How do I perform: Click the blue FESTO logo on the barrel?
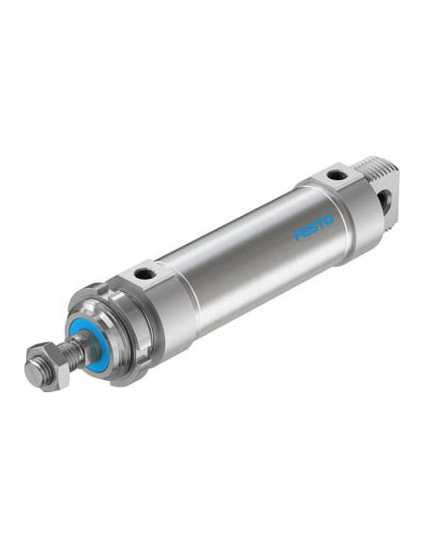313,227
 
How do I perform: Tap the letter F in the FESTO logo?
297,235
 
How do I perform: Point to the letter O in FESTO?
329,221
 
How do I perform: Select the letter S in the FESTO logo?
313,227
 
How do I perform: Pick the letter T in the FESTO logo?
322,224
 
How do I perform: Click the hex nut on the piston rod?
48,366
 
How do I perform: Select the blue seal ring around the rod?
88,345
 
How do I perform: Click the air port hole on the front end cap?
144,273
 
